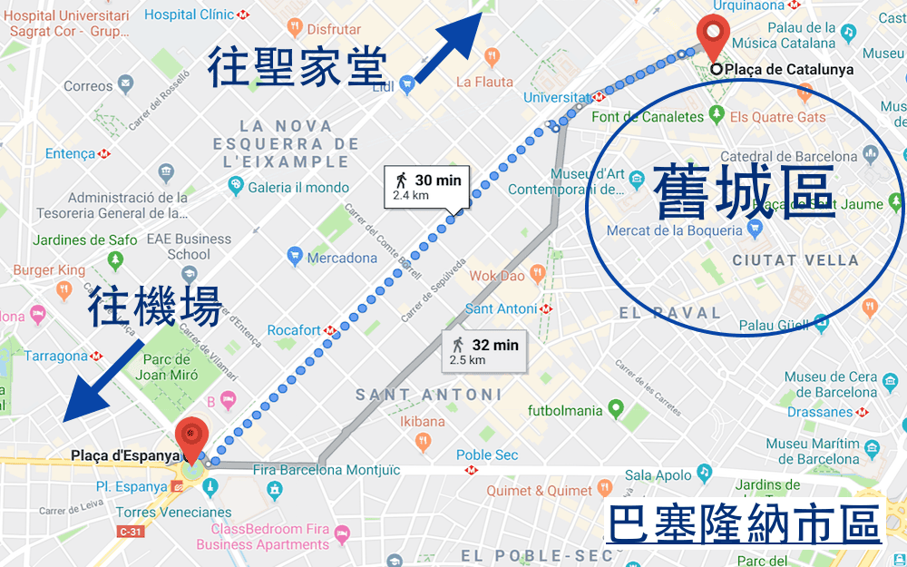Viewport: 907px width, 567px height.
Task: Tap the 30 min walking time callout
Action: pos(426,187)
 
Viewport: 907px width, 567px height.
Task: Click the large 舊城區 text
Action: pos(744,191)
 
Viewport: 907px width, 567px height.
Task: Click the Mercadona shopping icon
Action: pos(295,258)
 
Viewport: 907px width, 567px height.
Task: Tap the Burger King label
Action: pos(49,270)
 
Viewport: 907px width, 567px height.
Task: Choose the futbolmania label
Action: pos(565,410)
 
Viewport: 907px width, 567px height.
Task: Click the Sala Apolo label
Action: pos(658,474)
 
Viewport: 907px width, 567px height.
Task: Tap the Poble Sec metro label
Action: pos(487,455)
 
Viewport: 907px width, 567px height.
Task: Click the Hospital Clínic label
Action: pos(189,15)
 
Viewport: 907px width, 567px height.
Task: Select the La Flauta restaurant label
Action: pos(484,82)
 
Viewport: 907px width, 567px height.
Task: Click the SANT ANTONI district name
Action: pos(428,395)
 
